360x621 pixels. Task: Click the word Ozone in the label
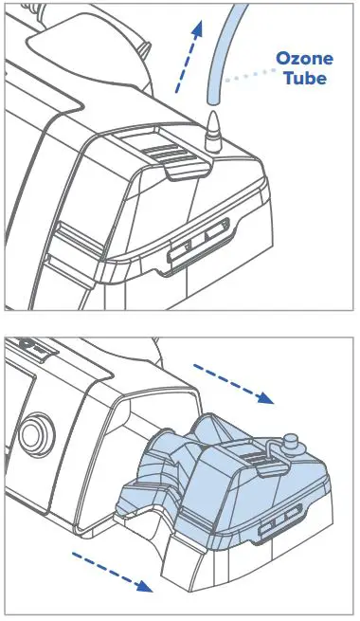[304, 59]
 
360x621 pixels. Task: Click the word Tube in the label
[304, 78]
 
